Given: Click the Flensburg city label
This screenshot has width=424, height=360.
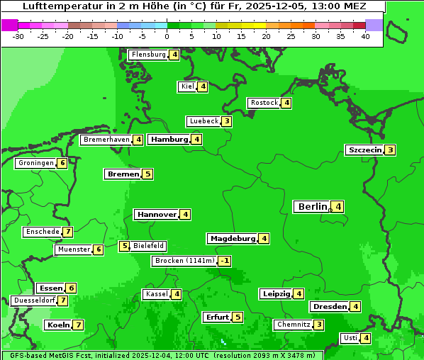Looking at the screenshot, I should (x=148, y=55).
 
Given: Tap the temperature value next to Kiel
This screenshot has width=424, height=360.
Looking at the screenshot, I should (x=203, y=86).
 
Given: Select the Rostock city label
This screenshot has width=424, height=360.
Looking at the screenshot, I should (x=264, y=103).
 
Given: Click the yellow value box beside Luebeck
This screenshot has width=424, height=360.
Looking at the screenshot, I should (x=226, y=121).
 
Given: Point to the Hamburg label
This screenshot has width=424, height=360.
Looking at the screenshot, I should (x=169, y=140).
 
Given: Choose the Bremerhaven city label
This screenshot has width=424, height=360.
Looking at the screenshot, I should (x=106, y=140).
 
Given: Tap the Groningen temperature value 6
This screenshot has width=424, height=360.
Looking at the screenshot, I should (x=62, y=163).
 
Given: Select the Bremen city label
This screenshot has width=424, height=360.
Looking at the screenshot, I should (x=123, y=174).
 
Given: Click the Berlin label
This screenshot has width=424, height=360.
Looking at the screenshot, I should (x=312, y=206).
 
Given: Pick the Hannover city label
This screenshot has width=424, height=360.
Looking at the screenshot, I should (x=157, y=214).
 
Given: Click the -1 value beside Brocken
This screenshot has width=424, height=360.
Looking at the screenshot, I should (x=224, y=261).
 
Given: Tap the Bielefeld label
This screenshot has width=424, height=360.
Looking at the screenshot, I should (x=149, y=246).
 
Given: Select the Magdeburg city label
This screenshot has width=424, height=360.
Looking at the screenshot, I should (x=233, y=238).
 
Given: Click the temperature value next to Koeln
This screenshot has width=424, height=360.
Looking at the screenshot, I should (x=78, y=325).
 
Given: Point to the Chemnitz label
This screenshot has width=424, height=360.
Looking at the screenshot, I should (x=294, y=325).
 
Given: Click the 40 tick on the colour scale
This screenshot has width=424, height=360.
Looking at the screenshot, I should (x=365, y=36).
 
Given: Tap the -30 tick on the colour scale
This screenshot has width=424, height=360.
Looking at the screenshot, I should (x=18, y=36).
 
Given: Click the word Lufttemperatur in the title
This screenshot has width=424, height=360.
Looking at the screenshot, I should (x=53, y=6).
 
